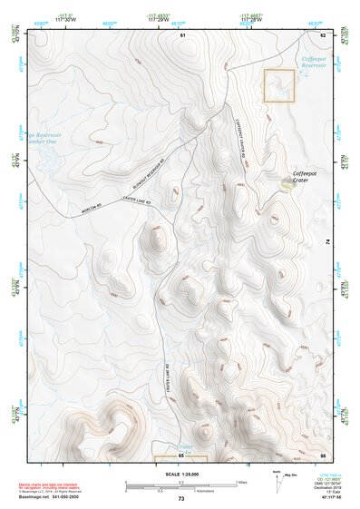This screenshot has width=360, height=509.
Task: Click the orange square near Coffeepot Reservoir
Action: pos(279,87)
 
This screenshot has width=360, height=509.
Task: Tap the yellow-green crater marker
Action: pos(288,183)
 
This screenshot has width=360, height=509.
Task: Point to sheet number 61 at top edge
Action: pos(182,34)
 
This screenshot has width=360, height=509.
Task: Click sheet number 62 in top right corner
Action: pos(322,34)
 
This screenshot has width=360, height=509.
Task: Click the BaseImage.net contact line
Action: pos(52,496)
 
